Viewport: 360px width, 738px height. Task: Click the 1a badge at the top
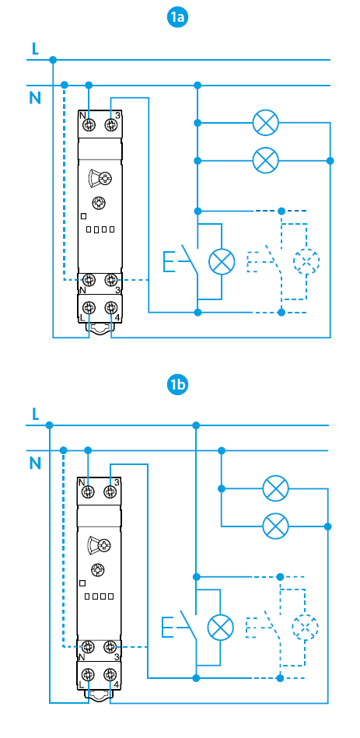(177, 17)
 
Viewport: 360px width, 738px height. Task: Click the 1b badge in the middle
(177, 386)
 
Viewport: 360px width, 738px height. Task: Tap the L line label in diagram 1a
(35, 49)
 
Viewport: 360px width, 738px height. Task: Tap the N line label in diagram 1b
(35, 463)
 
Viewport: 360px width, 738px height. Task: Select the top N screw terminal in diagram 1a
(89, 124)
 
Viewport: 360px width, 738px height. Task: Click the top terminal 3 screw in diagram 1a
(110, 124)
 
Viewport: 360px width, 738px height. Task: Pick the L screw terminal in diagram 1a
(89, 308)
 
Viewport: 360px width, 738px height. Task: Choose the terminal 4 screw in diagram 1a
(110, 308)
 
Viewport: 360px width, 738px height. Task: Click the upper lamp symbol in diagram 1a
(266, 123)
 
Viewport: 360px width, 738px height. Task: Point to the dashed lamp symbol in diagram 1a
(306, 261)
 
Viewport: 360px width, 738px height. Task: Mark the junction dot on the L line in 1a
(53, 60)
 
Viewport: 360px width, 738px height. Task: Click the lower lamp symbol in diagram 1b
(275, 526)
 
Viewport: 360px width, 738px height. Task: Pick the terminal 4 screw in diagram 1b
(110, 675)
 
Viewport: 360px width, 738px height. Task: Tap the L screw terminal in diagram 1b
(88, 675)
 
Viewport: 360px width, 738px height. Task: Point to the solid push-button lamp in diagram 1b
(220, 627)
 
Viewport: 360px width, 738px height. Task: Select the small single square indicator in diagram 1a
(84, 216)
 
